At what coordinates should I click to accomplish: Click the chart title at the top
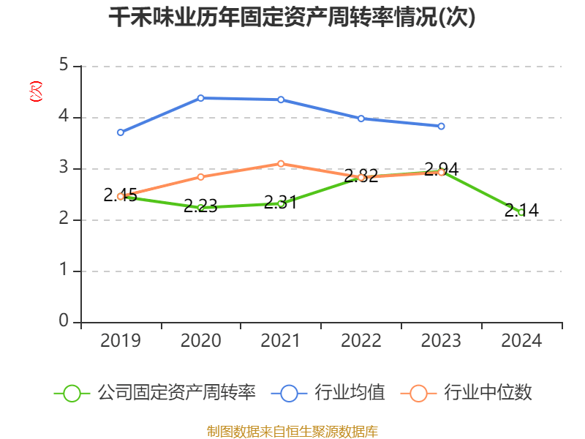tap(292, 18)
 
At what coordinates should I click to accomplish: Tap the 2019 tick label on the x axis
tap(121, 340)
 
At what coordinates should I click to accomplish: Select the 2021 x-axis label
tap(281, 340)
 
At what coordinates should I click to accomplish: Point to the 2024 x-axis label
tap(521, 340)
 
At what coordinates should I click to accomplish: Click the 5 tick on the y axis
tap(64, 66)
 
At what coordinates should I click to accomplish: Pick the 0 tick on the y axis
tap(64, 322)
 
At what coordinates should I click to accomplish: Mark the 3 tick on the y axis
tap(64, 168)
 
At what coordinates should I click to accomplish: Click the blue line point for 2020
tap(200, 98)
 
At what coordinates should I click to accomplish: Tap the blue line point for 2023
tap(441, 126)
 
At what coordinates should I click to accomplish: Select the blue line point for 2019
tap(121, 132)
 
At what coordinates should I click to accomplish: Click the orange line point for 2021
tap(281, 163)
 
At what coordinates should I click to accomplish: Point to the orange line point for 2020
tap(200, 176)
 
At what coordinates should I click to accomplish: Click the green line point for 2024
tap(521, 212)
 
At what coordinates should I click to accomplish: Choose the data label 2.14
tap(521, 211)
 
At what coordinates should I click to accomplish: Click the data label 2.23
tap(200, 206)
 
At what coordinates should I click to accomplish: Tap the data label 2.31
tap(280, 202)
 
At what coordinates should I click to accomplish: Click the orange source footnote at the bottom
tap(292, 431)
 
